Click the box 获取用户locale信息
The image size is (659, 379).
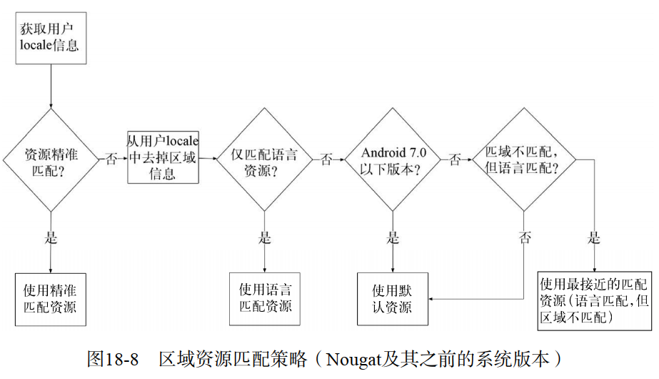tap(51, 38)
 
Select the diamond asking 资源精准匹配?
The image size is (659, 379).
tap(51, 160)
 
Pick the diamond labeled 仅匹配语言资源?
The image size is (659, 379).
tap(264, 160)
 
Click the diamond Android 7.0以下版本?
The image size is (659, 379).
tap(393, 160)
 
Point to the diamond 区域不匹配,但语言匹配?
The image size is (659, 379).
tap(524, 160)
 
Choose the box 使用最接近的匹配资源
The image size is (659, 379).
tap(594, 300)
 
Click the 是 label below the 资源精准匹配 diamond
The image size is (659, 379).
tap(51, 238)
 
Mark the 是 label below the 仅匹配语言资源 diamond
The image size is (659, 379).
tap(265, 238)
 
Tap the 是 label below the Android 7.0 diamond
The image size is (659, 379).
tap(393, 238)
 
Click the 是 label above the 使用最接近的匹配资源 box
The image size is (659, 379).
tap(594, 238)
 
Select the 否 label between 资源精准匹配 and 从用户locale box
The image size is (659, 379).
tap(111, 159)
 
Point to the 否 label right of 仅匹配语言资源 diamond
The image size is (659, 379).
tap(326, 159)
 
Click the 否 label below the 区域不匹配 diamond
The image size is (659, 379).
tap(525, 238)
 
